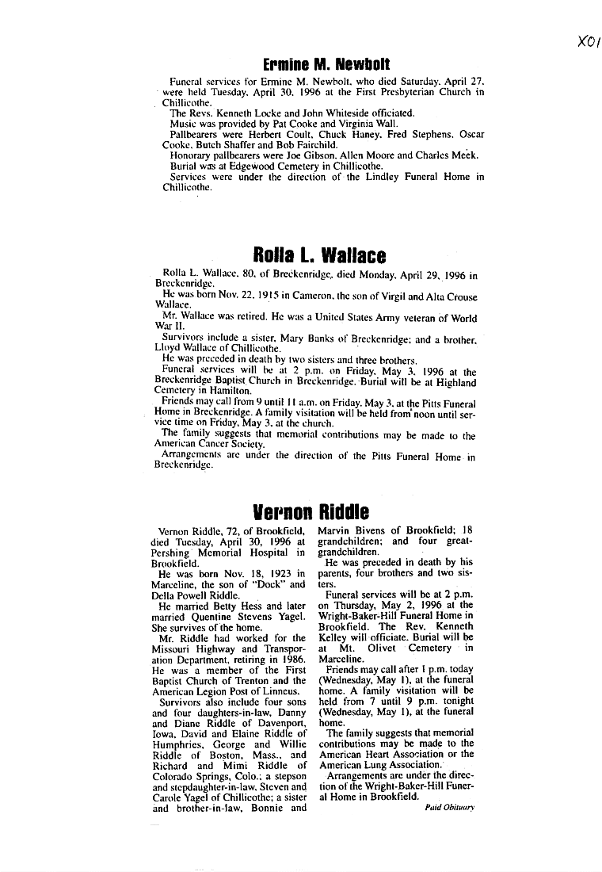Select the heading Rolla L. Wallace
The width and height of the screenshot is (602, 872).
point(319,255)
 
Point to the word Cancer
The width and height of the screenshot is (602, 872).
point(215,446)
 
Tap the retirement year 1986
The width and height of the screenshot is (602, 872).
point(291,659)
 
